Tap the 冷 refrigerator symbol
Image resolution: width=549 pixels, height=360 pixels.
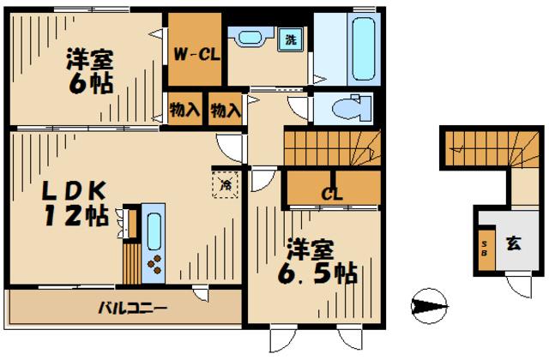[226, 183]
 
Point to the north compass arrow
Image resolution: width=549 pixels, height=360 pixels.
[430, 305]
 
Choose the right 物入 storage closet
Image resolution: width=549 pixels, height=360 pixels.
[225, 110]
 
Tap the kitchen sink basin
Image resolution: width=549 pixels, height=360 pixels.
[154, 230]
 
